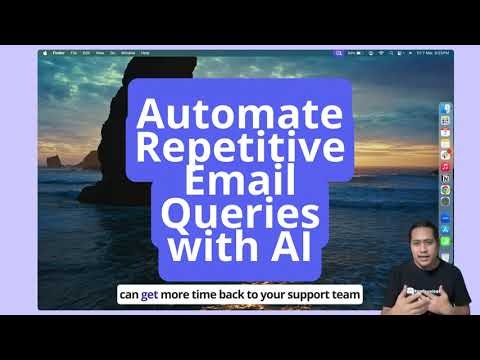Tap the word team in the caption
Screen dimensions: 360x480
[342, 295]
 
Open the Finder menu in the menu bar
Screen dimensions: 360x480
[58, 51]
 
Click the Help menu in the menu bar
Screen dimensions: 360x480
[146, 51]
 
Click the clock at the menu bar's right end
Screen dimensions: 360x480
[435, 51]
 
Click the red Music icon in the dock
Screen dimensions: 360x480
[445, 166]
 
